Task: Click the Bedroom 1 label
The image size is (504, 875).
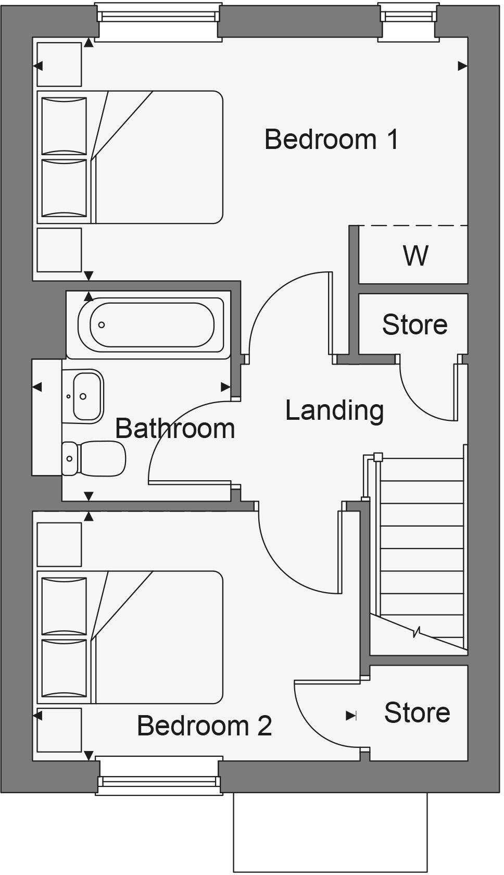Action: (x=332, y=139)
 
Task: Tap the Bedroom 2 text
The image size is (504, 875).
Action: (x=204, y=726)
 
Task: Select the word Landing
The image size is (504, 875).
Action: (x=334, y=410)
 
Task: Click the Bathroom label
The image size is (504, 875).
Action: (x=175, y=429)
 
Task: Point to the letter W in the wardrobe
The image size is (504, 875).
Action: (x=415, y=255)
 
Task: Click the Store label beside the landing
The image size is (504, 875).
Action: (x=414, y=324)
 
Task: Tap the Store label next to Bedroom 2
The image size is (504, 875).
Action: (x=417, y=712)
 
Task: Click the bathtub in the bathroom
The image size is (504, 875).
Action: (x=152, y=325)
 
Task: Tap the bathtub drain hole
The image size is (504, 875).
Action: (x=102, y=325)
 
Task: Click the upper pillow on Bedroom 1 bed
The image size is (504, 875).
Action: (x=64, y=126)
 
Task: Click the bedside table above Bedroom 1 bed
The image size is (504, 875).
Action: (x=59, y=64)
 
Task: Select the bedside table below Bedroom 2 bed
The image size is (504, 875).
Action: (x=59, y=730)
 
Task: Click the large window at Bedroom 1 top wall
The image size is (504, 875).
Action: (x=158, y=17)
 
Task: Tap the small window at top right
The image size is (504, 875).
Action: (x=408, y=17)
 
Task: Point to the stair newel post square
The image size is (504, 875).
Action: (x=378, y=457)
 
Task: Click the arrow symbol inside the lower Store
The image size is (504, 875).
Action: (x=351, y=716)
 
